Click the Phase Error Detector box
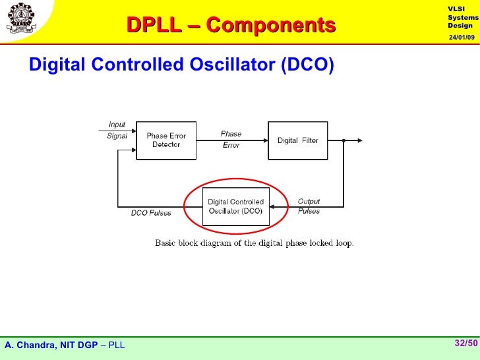pyautogui.click(x=166, y=140)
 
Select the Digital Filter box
pyautogui.click(x=297, y=140)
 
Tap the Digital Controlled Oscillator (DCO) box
pyautogui.click(x=236, y=206)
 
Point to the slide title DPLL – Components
pyautogui.click(x=231, y=25)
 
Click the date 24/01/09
pyautogui.click(x=462, y=37)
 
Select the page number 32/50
pyautogui.click(x=465, y=343)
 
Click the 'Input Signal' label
pyautogui.click(x=117, y=131)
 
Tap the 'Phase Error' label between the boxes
pyautogui.click(x=231, y=139)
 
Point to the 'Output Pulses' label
pyautogui.click(x=309, y=206)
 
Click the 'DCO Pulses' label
pyautogui.click(x=150, y=212)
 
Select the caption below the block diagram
pyautogui.click(x=254, y=243)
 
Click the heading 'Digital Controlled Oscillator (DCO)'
pyautogui.click(x=181, y=65)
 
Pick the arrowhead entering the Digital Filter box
pyautogui.click(x=264, y=140)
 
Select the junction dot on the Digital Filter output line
pyautogui.click(x=344, y=140)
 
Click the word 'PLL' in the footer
pyautogui.click(x=116, y=345)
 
